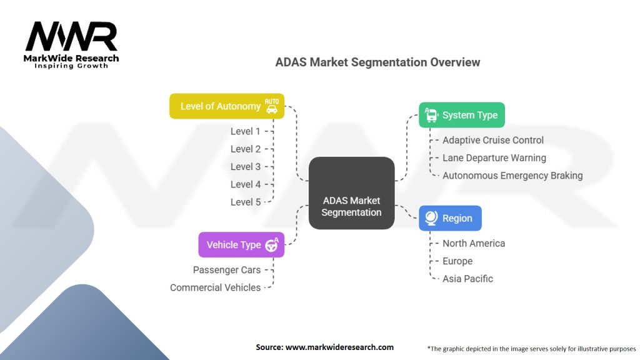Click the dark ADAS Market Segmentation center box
coord(351,193)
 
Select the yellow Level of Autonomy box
coord(227,106)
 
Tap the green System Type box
coord(462,115)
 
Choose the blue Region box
coord(450,218)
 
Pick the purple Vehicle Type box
coord(241,245)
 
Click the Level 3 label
coord(245,166)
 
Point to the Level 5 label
coord(245,202)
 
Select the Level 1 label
coord(245,131)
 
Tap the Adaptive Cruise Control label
coord(493,140)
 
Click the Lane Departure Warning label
coord(494,158)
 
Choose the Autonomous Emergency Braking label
coord(512,176)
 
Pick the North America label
coord(474,243)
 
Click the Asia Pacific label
coord(467,279)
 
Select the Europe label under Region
coord(457,261)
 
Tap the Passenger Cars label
coord(227,270)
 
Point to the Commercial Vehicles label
coord(216,287)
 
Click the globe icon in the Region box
coord(431,218)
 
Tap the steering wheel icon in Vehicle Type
coord(271,244)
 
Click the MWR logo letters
coord(71,36)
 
